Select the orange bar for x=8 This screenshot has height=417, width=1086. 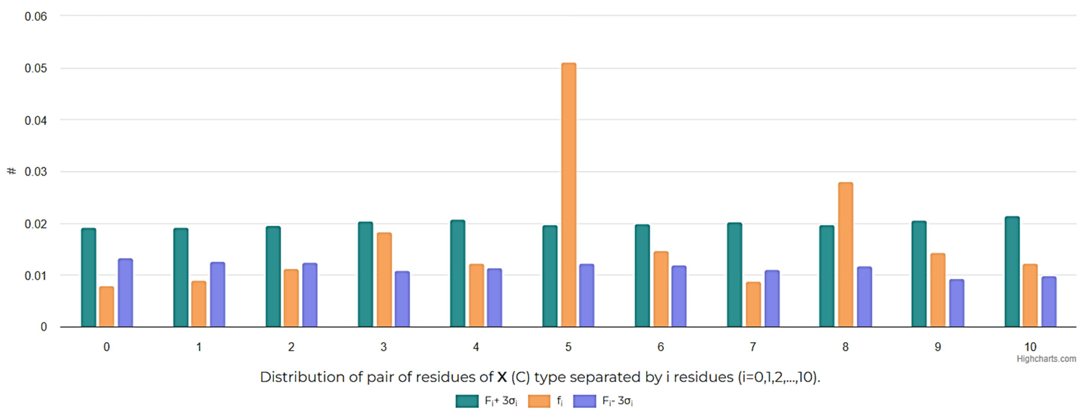[845, 255]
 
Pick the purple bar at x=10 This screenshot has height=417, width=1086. [1048, 302]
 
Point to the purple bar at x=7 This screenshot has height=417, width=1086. [772, 299]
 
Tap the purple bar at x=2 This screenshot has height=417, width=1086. [310, 295]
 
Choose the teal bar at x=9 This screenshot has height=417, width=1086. [919, 274]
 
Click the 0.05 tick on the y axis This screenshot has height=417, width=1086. [35, 68]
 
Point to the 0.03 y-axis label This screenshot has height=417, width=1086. [35, 172]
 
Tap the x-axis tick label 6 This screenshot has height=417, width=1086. [661, 347]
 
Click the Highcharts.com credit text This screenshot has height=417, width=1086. [1046, 359]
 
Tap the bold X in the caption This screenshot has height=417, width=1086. [502, 377]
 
